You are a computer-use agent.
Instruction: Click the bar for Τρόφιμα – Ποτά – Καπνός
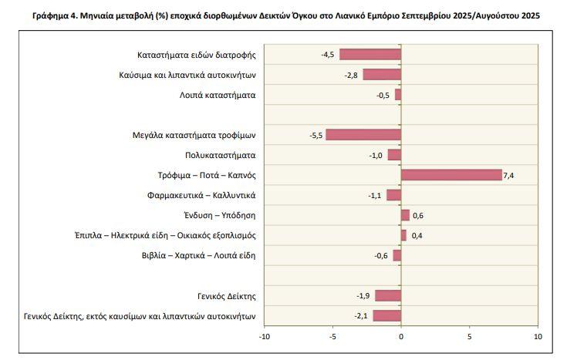451,175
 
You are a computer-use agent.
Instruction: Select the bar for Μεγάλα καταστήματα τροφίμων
363,135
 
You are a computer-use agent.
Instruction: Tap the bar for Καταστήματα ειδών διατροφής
370,54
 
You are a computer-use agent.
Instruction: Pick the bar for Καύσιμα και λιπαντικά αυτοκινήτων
382,74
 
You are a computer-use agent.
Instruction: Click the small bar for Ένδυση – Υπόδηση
405,215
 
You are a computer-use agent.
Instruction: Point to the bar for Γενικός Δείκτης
388,295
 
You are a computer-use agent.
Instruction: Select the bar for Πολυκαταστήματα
394,155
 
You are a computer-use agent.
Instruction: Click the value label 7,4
508,176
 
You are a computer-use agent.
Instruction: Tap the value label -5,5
315,136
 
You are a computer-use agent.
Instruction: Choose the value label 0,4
417,236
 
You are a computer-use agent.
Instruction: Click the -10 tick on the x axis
265,337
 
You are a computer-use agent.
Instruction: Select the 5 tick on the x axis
469,337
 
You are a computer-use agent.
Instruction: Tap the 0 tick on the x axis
401,337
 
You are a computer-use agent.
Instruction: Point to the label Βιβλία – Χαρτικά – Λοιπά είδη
198,255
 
